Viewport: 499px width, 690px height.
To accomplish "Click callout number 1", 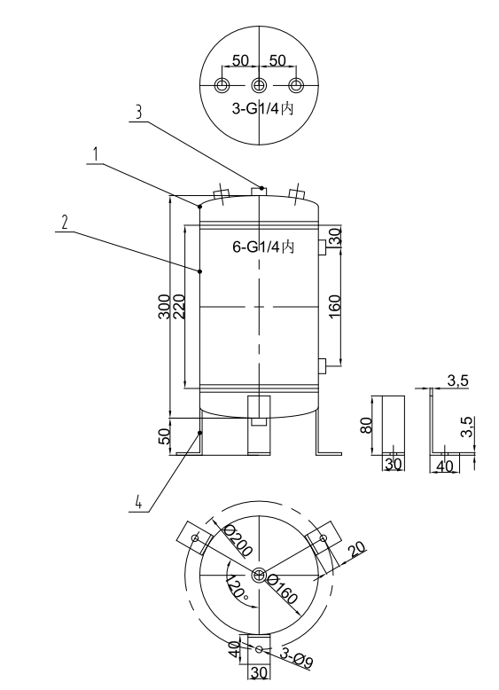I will (x=93, y=153).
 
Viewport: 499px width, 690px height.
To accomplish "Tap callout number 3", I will (x=136, y=114).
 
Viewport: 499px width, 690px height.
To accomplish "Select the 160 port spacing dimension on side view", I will (x=335, y=307).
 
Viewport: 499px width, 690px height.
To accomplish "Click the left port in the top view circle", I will (x=222, y=85).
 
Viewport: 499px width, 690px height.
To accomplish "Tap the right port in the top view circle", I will (x=296, y=85).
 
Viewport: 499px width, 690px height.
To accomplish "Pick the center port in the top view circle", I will (x=259, y=85).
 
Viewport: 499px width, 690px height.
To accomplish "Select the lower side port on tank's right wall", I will (x=324, y=363).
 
